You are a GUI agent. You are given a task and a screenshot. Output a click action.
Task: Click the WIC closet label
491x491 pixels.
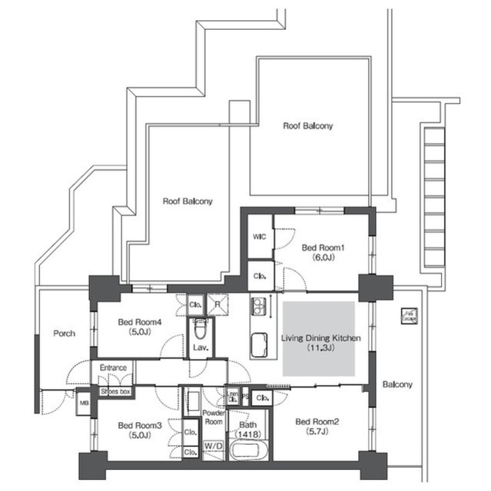260,237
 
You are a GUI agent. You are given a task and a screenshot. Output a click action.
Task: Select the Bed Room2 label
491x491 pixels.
318,421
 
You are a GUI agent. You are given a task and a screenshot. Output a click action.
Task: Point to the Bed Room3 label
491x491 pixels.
140,425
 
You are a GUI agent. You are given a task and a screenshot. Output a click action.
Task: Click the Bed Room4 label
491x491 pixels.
140,323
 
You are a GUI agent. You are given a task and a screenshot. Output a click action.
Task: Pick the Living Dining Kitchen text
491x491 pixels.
321,338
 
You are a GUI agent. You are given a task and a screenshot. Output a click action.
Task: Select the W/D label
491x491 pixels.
213,446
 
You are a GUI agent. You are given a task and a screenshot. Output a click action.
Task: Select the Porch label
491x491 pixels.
64,333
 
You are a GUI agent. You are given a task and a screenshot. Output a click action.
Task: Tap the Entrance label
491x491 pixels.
113,368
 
